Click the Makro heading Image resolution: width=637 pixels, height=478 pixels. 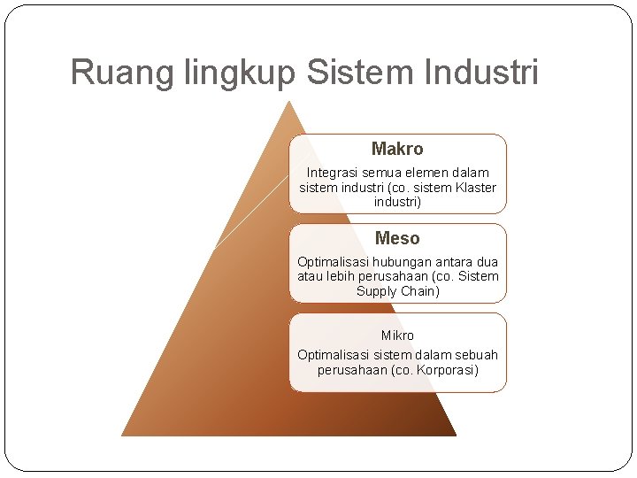(x=397, y=149)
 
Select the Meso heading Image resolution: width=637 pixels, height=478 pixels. (x=397, y=238)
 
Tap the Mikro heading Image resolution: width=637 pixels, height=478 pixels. (x=397, y=335)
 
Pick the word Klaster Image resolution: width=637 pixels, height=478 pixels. (x=476, y=188)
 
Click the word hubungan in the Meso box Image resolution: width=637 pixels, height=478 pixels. (x=405, y=262)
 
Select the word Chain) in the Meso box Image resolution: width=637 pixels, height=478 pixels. (x=420, y=291)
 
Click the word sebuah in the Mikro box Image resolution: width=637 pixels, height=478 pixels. (x=477, y=354)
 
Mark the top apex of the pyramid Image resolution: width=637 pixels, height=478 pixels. (x=288, y=102)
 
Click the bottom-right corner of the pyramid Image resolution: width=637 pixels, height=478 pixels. (x=455, y=435)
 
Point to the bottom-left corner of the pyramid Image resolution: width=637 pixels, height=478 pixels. (x=122, y=435)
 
